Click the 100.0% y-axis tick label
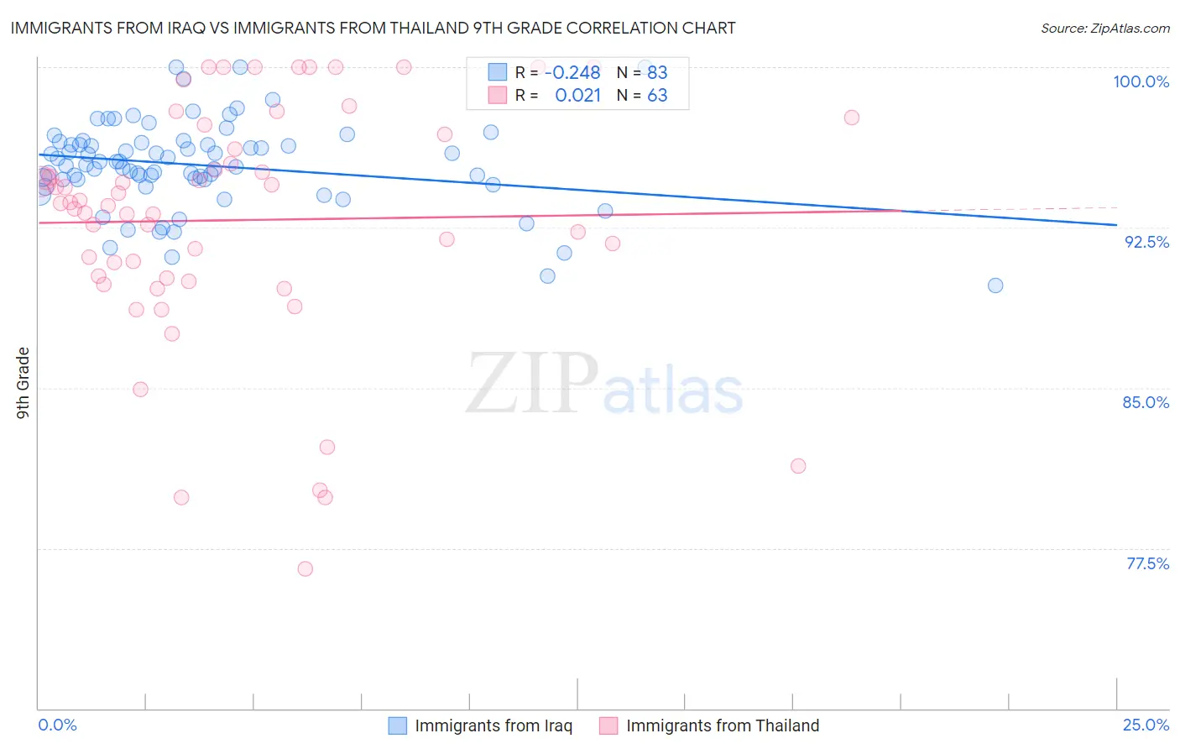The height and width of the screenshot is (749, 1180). tap(1141, 81)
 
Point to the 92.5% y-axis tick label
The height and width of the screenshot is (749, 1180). tap(1146, 242)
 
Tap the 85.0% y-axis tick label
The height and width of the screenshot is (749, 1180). tap(1146, 402)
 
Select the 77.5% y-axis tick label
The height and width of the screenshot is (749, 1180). tap(1147, 563)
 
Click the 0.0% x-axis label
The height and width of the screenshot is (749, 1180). tap(57, 725)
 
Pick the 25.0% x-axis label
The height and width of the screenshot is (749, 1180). tap(1146, 725)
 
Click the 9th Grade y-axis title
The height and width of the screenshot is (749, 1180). tap(23, 383)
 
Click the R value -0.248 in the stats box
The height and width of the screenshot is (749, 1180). tap(572, 73)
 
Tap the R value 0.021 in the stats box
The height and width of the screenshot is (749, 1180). tap(577, 96)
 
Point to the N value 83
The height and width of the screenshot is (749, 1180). tap(657, 73)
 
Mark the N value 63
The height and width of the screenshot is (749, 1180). tap(657, 96)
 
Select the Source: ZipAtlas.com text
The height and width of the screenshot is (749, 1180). tap(1104, 29)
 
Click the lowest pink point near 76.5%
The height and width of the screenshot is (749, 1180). tap(305, 569)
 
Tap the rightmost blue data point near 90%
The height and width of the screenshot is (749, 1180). tap(995, 285)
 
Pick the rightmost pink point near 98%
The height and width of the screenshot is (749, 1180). tap(852, 118)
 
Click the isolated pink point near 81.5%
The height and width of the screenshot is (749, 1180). tap(798, 466)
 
